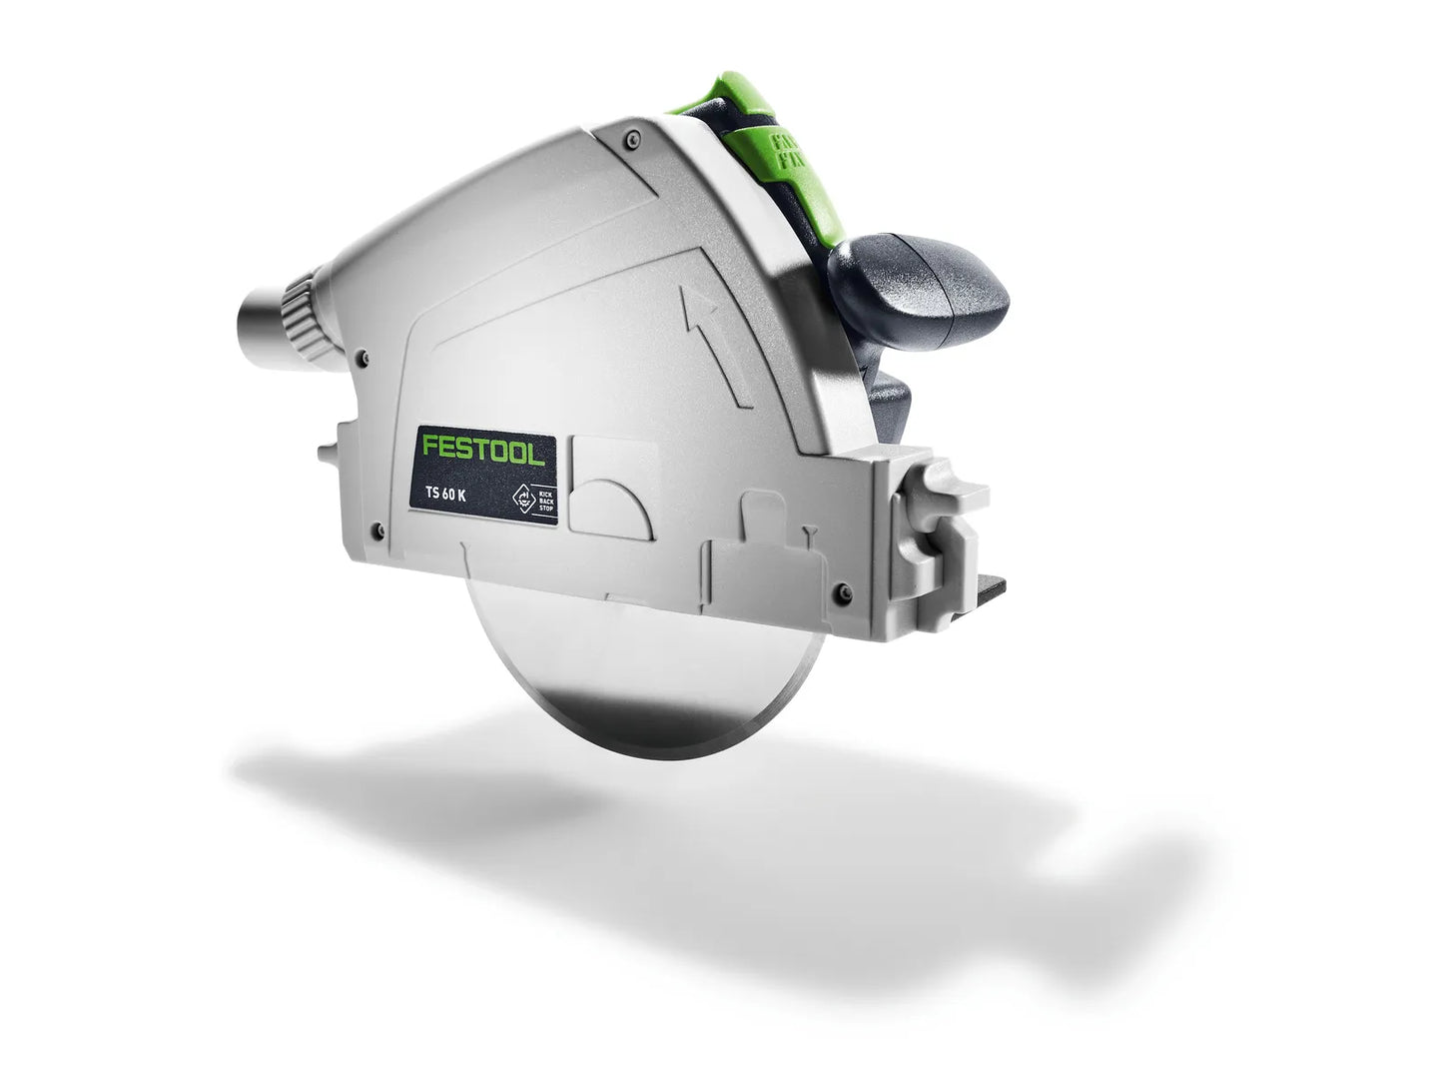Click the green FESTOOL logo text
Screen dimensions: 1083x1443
coord(482,449)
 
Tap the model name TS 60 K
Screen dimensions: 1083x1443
coord(445,497)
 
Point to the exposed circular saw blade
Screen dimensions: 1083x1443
coord(639,679)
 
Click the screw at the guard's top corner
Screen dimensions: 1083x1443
coord(630,143)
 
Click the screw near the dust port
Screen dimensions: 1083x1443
coord(365,355)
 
